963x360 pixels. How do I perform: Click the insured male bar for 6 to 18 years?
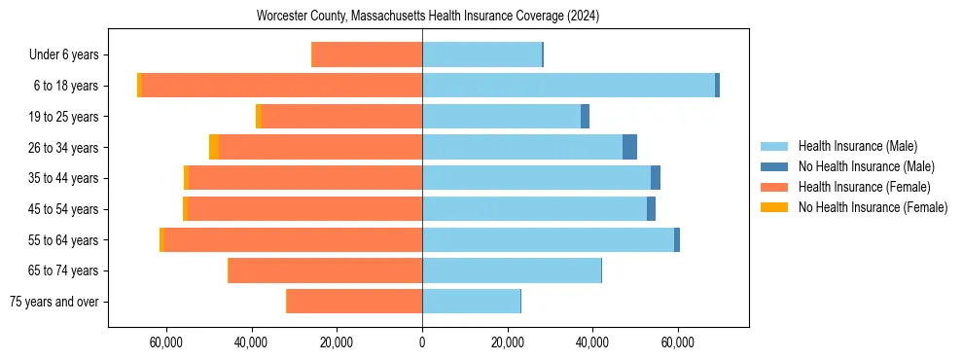coord(568,86)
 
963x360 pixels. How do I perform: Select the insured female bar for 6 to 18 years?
coord(282,86)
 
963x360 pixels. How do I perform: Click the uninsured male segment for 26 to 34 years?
coord(629,147)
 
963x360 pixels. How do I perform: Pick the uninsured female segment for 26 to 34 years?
coord(214,147)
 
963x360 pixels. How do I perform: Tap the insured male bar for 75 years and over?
coord(471,302)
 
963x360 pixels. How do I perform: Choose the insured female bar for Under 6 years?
coord(367,54)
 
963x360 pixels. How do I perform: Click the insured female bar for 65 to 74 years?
coord(325,270)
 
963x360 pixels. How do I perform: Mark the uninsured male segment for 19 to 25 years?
coord(585,117)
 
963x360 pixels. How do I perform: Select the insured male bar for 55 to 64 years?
coord(548,239)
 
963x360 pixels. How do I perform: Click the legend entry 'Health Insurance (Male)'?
coord(857,146)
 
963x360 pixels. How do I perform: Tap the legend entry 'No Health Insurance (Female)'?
coord(873,207)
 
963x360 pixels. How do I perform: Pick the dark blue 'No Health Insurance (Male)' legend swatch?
coord(775,166)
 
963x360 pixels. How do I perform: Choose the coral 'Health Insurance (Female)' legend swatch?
coord(775,187)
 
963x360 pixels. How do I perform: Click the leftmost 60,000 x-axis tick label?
coord(166,343)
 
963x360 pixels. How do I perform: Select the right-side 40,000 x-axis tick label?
coord(592,343)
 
